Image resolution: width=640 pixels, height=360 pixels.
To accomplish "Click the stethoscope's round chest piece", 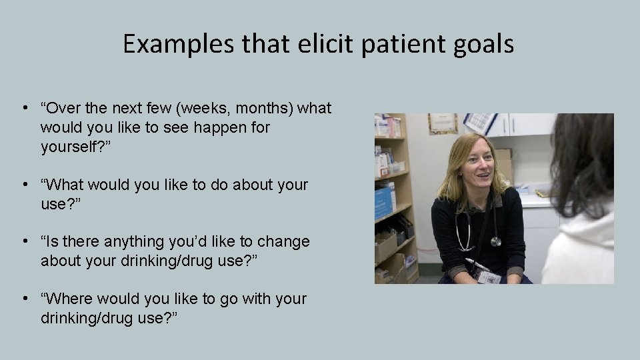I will pyautogui.click(x=495, y=241).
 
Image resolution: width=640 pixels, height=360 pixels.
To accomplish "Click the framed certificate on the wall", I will pyautogui.click(x=443, y=123).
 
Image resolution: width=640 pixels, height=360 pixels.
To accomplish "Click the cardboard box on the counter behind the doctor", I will pyautogui.click(x=504, y=162).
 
